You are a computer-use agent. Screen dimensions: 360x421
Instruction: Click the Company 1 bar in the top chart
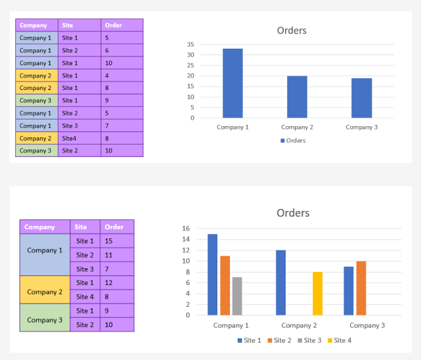point(233,83)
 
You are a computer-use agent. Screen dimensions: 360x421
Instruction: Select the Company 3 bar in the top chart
point(361,98)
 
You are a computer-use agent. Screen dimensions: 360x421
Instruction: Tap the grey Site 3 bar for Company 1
point(237,296)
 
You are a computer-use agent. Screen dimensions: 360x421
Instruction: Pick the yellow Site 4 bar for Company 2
point(317,294)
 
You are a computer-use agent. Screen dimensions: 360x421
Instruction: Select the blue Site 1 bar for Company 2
point(280,282)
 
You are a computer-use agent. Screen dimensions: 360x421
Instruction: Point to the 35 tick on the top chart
point(190,45)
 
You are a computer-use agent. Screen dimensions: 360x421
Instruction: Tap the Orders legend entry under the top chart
point(293,141)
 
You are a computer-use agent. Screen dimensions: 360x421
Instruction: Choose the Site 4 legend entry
point(338,340)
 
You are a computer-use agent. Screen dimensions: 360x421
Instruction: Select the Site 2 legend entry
point(278,340)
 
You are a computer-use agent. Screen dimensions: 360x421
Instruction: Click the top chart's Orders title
point(292,31)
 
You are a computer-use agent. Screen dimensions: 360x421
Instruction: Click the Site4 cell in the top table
point(79,139)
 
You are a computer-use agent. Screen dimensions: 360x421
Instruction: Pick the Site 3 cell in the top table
point(79,125)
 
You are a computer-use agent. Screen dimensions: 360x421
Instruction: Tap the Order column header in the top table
point(122,26)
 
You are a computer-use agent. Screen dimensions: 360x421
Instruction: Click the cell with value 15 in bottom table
point(116,241)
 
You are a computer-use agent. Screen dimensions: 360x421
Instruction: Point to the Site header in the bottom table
point(85,227)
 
